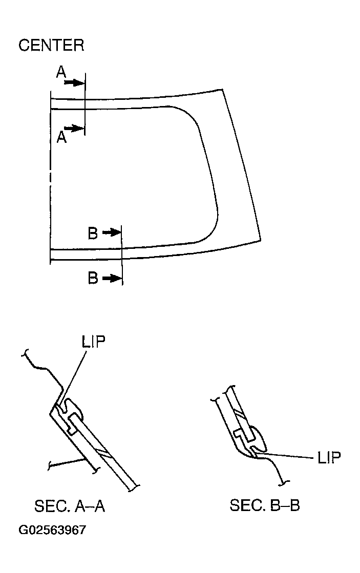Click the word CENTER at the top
pyautogui.click(x=51, y=45)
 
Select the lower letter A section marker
pyautogui.click(x=61, y=137)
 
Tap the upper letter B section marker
pyautogui.click(x=93, y=234)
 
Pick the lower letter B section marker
pyautogui.click(x=93, y=279)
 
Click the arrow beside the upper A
pyautogui.click(x=75, y=82)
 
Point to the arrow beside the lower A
pyautogui.click(x=75, y=128)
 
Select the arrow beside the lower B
pyautogui.click(x=112, y=279)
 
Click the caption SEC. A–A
pyautogui.click(x=70, y=506)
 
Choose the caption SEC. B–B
pyautogui.click(x=265, y=506)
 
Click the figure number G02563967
pyautogui.click(x=52, y=530)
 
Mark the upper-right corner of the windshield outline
pyautogui.click(x=224, y=89)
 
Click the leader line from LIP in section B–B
pyautogui.click(x=287, y=455)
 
